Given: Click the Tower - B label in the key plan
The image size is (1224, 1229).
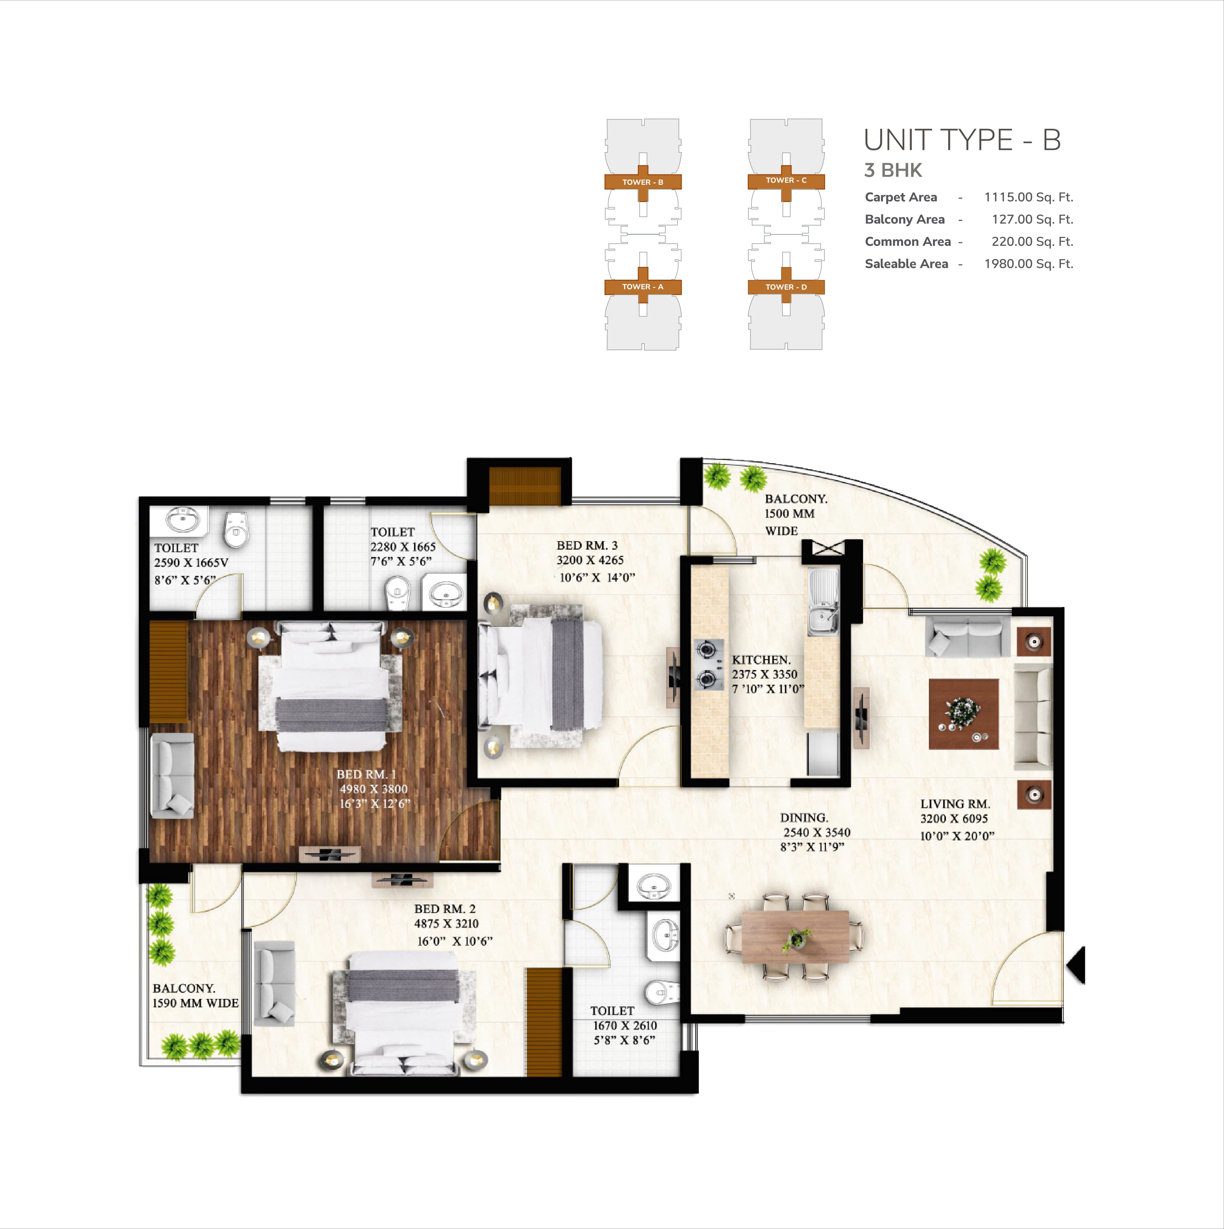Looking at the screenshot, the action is [x=643, y=182].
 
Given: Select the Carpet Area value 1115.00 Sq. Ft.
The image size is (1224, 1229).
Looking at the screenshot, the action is [x=1028, y=197].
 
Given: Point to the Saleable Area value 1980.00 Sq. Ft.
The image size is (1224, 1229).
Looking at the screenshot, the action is [x=1028, y=264].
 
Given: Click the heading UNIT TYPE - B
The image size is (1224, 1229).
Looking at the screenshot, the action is [x=962, y=140].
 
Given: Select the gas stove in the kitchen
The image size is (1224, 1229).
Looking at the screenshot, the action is [x=709, y=665].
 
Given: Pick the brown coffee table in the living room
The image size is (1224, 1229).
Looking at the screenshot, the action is [x=963, y=714].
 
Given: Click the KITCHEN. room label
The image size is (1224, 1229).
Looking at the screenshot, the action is [x=761, y=660].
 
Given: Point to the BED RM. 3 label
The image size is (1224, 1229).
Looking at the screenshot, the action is [x=587, y=545].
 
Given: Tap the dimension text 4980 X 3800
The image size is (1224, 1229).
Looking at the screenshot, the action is [x=373, y=789].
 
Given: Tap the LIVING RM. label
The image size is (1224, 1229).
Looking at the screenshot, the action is [x=955, y=804].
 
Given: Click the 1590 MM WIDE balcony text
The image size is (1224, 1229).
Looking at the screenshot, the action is [x=195, y=1003].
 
